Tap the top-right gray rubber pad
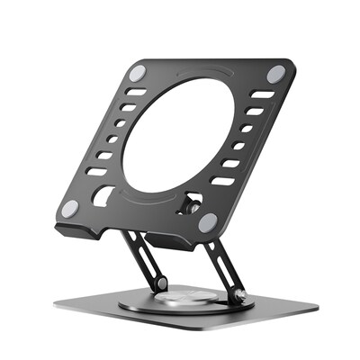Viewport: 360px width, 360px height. [x=275, y=74]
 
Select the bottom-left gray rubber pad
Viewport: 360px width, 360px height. [x=69, y=208]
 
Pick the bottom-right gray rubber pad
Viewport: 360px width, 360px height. [x=208, y=221]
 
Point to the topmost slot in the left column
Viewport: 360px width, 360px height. [x=135, y=92]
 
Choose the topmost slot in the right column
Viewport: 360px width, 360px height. [x=262, y=94]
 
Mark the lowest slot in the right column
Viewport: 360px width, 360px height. [x=222, y=180]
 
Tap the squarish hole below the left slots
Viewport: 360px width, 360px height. [x=103, y=194]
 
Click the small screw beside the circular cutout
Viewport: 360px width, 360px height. [x=191, y=205]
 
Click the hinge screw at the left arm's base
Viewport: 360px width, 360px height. [x=160, y=283]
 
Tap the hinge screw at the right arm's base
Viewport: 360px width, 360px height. [x=238, y=293]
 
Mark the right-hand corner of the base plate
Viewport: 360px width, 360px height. [x=316, y=307]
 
